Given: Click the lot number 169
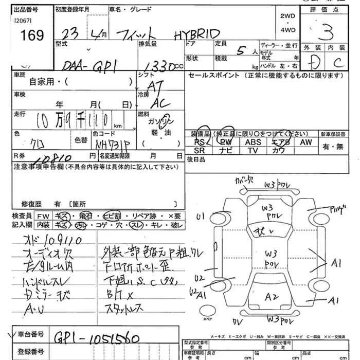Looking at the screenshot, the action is (32, 34).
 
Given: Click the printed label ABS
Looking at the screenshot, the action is (253, 142).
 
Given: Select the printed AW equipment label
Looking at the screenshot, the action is (307, 142).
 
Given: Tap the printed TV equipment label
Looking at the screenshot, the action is (253, 150).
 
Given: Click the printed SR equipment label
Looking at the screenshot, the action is (200, 150).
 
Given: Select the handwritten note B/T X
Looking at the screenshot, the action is (115, 296).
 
